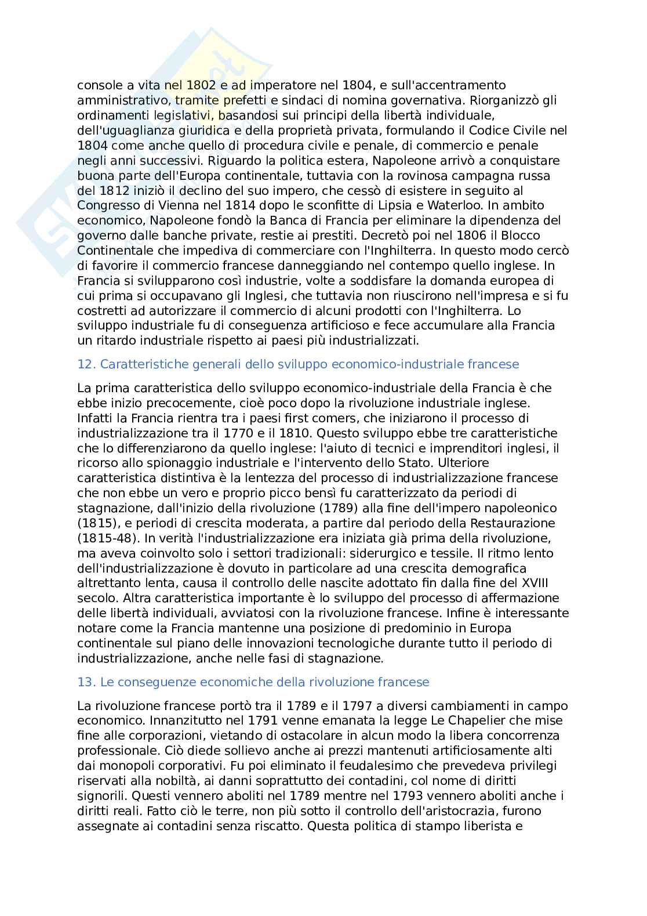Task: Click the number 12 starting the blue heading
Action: click(85, 364)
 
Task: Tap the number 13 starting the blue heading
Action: click(85, 682)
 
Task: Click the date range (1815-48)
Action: click(106, 538)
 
